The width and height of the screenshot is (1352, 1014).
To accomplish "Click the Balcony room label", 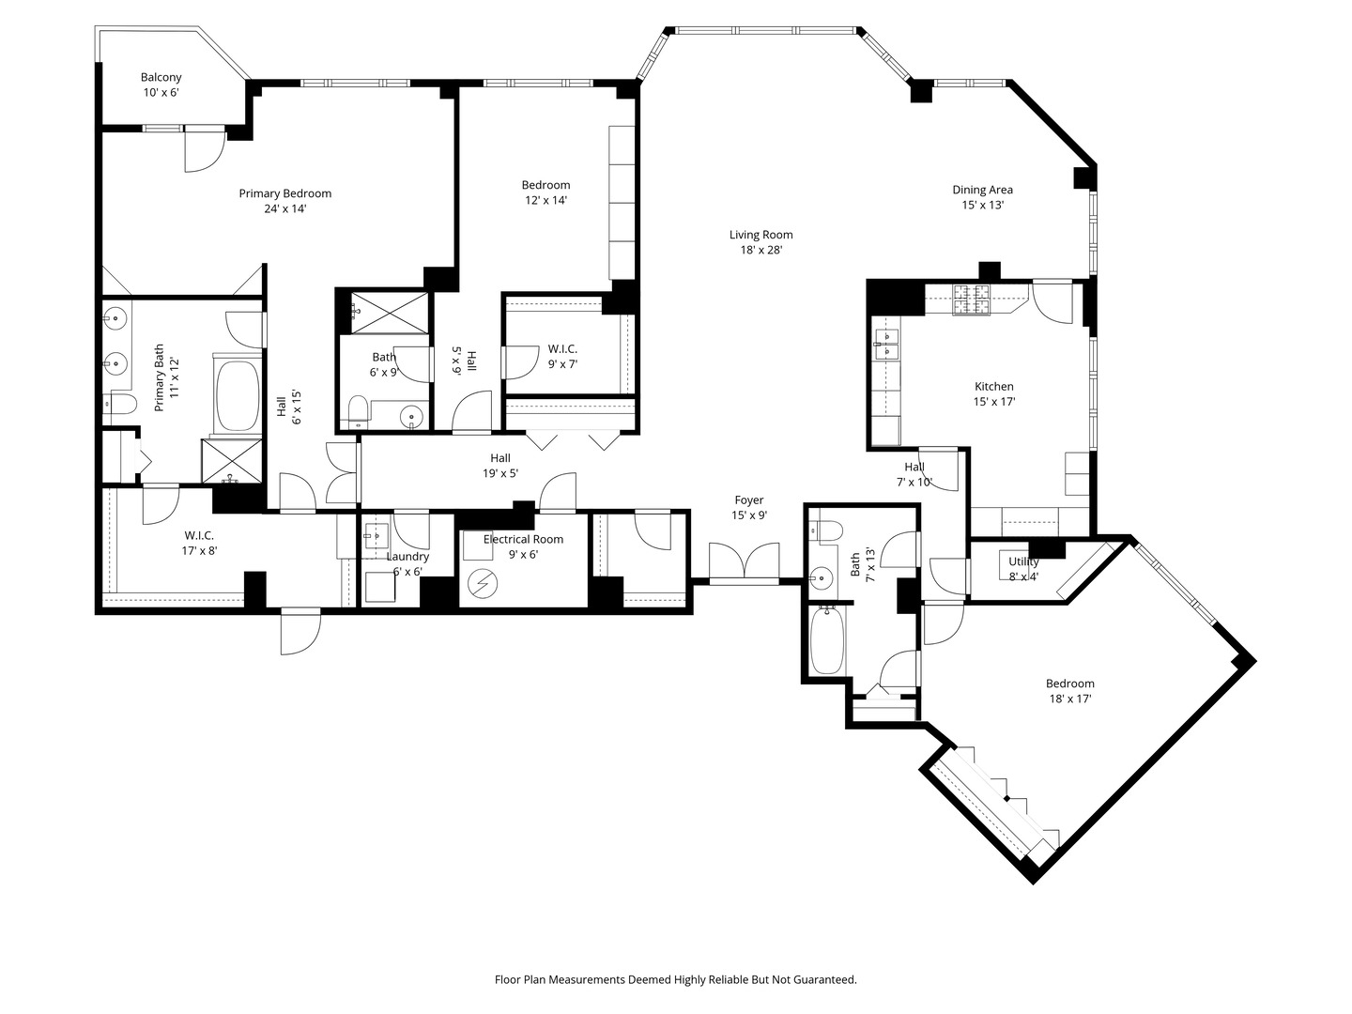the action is pos(161,78).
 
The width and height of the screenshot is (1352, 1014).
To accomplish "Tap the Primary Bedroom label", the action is pos(285,193).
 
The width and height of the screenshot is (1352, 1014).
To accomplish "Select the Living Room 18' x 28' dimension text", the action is pos(761,250).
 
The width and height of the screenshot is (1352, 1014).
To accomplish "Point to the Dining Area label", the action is pos(982,191).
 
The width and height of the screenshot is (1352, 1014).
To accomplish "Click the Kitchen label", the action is pos(994,387).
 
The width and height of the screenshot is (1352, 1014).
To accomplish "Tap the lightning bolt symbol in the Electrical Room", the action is pos(482,584).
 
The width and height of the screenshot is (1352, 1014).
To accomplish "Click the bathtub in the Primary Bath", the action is pos(238,396).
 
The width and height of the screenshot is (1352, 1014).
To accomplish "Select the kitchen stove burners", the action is pos(972,300).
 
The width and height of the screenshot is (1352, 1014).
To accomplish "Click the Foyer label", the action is pos(749,499).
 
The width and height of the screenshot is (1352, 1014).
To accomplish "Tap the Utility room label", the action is pos(1023,561).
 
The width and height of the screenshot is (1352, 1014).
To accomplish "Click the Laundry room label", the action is pos(407,557).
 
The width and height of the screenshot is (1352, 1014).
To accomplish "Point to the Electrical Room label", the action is pos(524,539).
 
